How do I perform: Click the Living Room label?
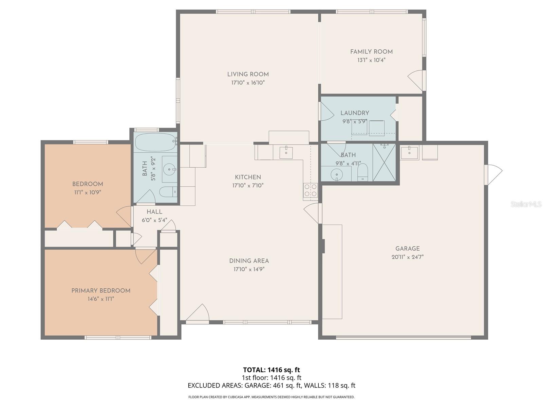tap(248, 74)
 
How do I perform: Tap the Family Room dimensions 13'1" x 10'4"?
tap(371, 60)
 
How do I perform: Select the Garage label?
tap(407, 249)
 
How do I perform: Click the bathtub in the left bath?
tap(155, 142)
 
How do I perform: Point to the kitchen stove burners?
tap(310, 190)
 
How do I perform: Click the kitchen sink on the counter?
tap(286, 153)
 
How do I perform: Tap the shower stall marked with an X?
tap(384, 162)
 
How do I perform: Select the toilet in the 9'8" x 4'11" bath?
tap(362, 172)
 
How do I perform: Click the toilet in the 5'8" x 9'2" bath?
tap(168, 192)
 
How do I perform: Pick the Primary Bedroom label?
tap(101, 291)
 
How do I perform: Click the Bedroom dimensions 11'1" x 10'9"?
tap(88, 192)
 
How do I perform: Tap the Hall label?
tap(154, 212)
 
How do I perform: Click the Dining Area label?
tap(249, 261)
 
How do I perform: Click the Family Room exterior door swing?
tap(416, 80)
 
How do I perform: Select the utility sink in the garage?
tap(409, 152)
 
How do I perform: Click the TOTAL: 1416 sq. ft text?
tap(271, 370)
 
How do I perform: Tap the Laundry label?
tap(355, 113)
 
